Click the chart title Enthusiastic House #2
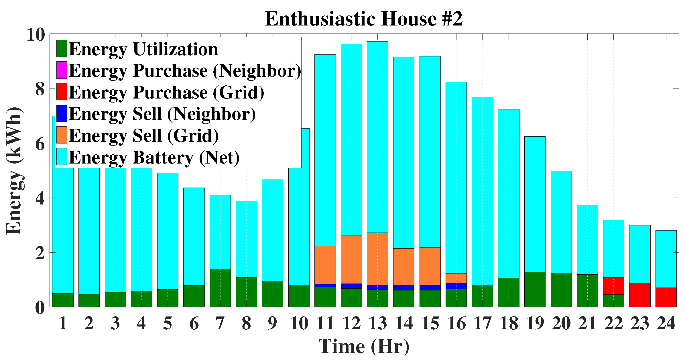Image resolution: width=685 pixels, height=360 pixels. [363, 19]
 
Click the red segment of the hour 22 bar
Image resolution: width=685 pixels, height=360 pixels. [613, 286]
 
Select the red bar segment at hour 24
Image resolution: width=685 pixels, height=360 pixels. [666, 297]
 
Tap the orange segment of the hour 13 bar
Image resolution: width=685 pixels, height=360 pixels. [377, 259]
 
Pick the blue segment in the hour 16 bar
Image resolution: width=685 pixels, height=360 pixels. [456, 286]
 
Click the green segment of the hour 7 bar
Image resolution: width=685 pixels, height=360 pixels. [220, 288]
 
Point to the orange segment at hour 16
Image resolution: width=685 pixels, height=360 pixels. [456, 278]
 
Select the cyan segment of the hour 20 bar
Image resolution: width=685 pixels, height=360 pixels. [561, 222]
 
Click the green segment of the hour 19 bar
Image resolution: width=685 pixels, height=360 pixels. [535, 289]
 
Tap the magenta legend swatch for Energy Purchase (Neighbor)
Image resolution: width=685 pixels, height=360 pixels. [62, 70]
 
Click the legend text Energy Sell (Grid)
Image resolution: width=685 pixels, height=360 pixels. [143, 135]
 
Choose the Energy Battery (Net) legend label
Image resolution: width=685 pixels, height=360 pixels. [154, 157]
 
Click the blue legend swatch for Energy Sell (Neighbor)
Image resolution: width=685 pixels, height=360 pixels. [62, 113]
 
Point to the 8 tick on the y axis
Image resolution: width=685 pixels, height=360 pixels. [40, 89]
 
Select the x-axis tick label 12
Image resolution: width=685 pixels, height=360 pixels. [351, 323]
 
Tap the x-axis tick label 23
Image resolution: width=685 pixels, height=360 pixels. [640, 323]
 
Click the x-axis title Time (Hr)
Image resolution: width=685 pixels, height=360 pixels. [364, 346]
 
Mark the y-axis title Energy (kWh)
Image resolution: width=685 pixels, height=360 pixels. [14, 171]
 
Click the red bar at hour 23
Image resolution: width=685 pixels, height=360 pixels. [640, 295]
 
